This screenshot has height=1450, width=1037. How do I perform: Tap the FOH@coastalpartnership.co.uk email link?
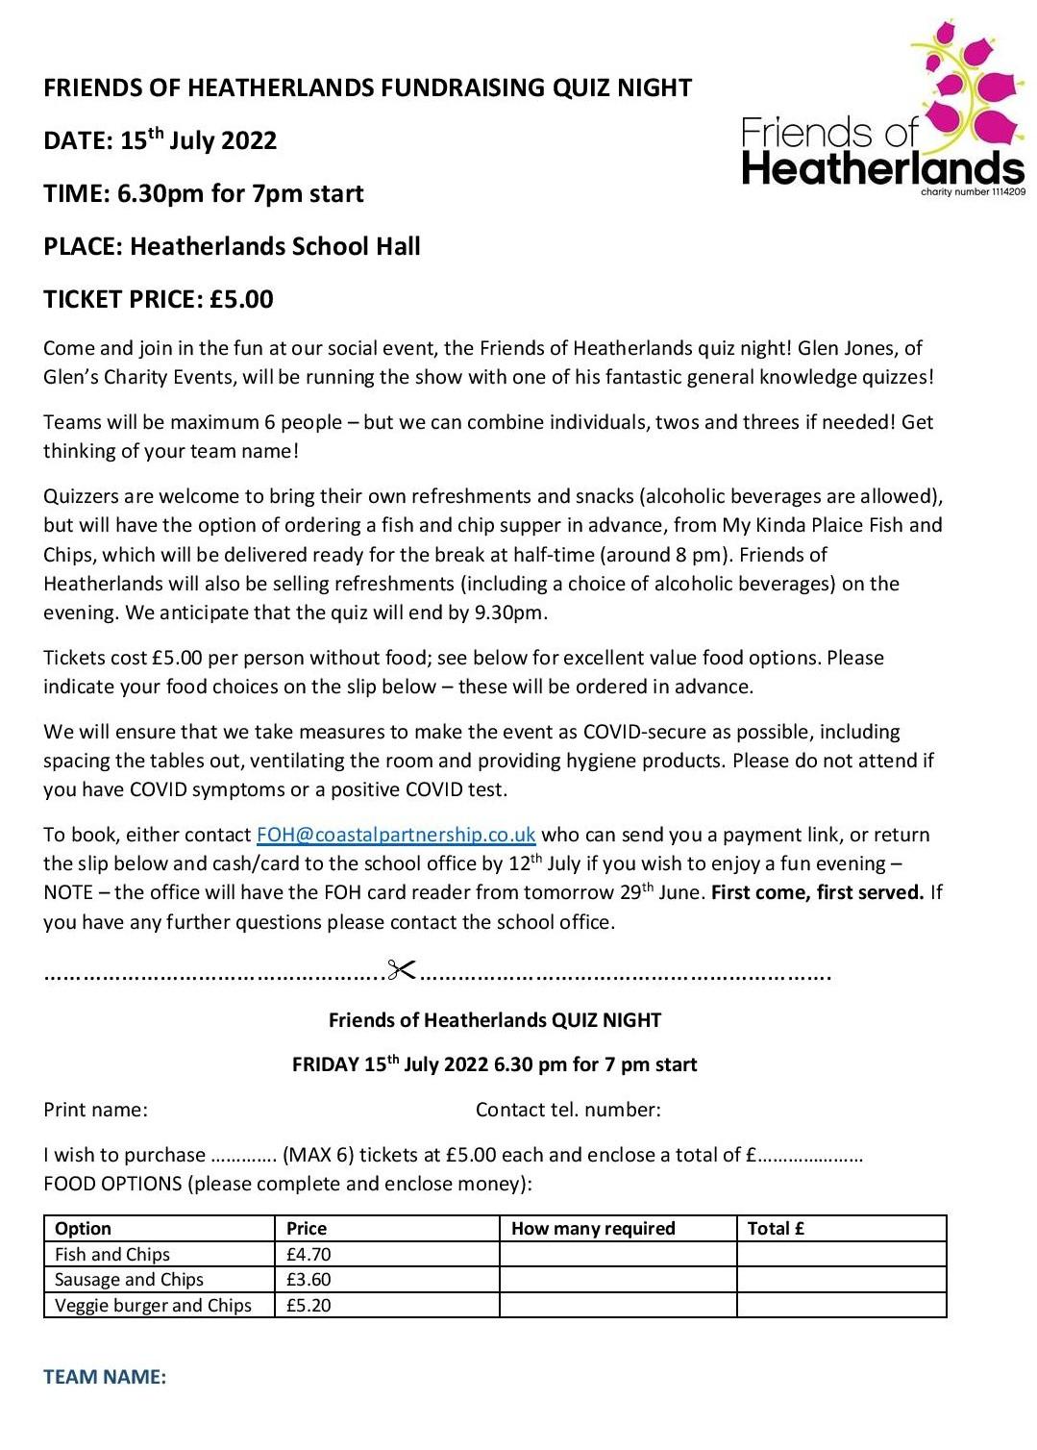click(396, 835)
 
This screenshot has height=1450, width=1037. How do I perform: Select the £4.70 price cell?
click(309, 1254)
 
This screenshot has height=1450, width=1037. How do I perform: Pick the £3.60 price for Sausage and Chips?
click(309, 1280)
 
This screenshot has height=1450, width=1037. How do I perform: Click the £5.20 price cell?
click(309, 1305)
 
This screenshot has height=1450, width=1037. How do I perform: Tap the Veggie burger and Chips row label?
click(153, 1305)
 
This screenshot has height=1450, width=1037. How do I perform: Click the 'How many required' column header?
click(593, 1228)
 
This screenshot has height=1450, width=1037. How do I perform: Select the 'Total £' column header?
click(776, 1228)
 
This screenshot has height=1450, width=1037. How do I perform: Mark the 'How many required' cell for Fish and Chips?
click(617, 1254)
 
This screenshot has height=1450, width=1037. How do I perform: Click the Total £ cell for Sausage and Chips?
click(841, 1280)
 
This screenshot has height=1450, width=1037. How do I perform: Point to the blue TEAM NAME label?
click(105, 1377)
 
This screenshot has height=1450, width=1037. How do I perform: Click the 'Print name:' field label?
click(95, 1110)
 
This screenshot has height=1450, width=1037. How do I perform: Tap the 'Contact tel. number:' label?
click(568, 1110)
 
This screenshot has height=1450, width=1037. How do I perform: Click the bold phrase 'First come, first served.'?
click(817, 892)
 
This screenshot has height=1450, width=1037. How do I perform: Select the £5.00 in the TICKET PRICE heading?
click(241, 299)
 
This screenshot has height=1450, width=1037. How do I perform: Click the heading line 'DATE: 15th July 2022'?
click(160, 140)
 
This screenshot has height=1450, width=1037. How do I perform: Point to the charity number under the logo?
click(973, 192)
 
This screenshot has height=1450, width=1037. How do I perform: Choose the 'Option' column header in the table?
click(83, 1228)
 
